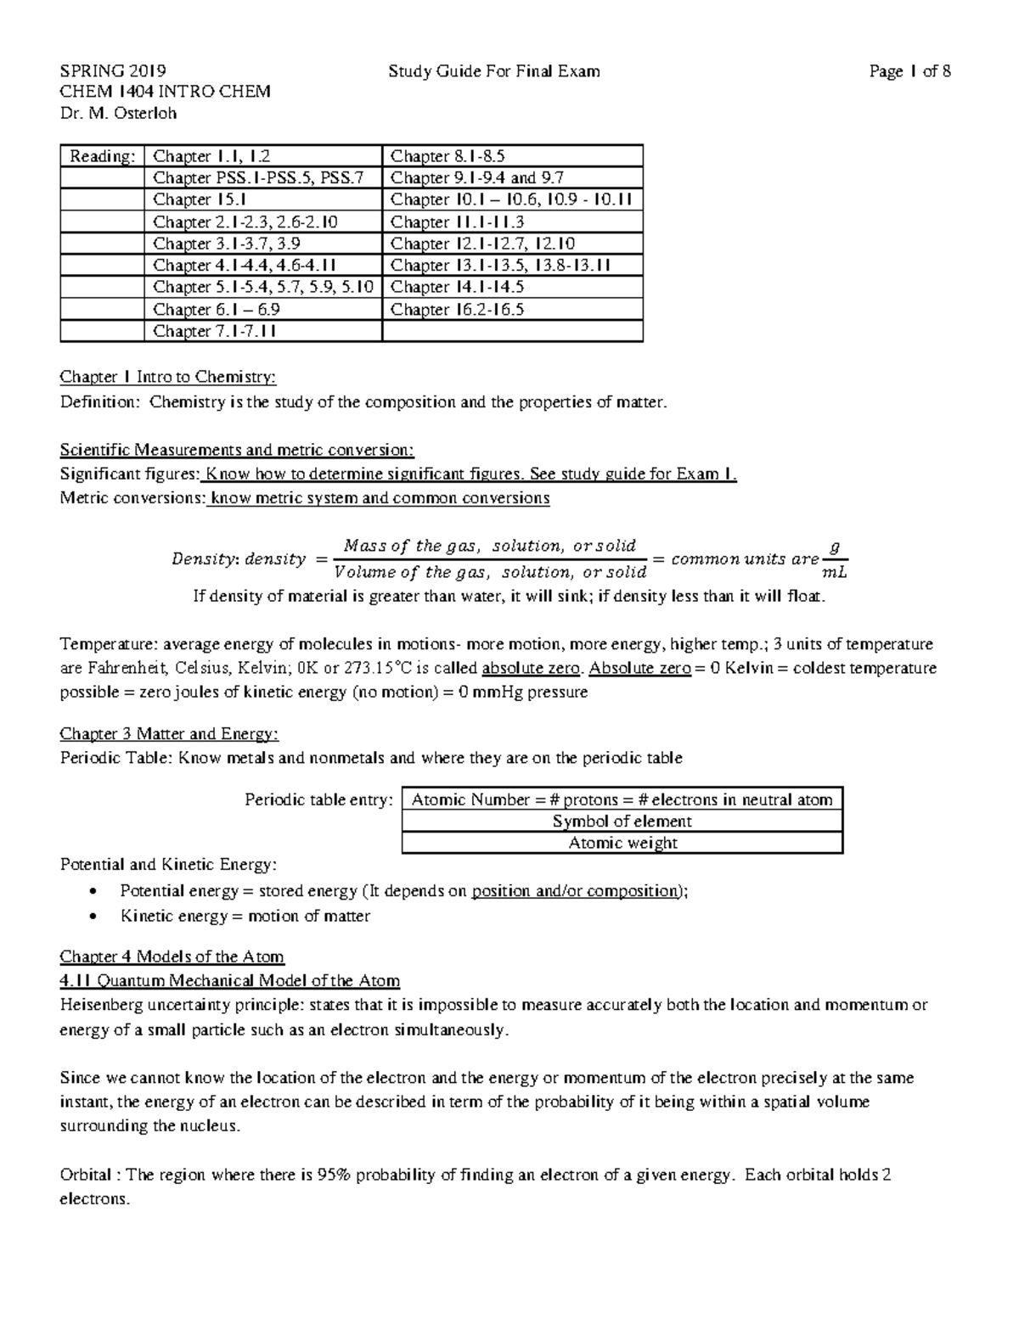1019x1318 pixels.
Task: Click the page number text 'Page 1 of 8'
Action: pyautogui.click(x=909, y=71)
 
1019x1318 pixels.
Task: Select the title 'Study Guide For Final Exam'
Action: pyautogui.click(x=493, y=71)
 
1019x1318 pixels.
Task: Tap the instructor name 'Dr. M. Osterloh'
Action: pyautogui.click(x=118, y=113)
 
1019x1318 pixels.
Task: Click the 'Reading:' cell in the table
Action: pyautogui.click(x=102, y=156)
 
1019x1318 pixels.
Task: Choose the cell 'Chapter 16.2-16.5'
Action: pyautogui.click(x=457, y=309)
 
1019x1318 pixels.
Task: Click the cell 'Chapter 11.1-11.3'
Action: pyautogui.click(x=457, y=222)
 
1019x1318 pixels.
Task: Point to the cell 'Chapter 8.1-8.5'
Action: pyautogui.click(x=448, y=156)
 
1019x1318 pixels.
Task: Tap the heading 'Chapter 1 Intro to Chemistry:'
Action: pyautogui.click(x=167, y=377)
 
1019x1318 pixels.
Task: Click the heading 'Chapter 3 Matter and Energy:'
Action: pyautogui.click(x=169, y=733)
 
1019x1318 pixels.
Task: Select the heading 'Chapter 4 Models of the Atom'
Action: pyautogui.click(x=172, y=956)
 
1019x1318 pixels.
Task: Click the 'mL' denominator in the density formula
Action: pyautogui.click(x=835, y=572)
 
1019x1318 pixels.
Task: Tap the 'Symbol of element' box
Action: pyautogui.click(x=622, y=822)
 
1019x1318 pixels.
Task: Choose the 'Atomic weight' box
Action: pyautogui.click(x=622, y=843)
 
